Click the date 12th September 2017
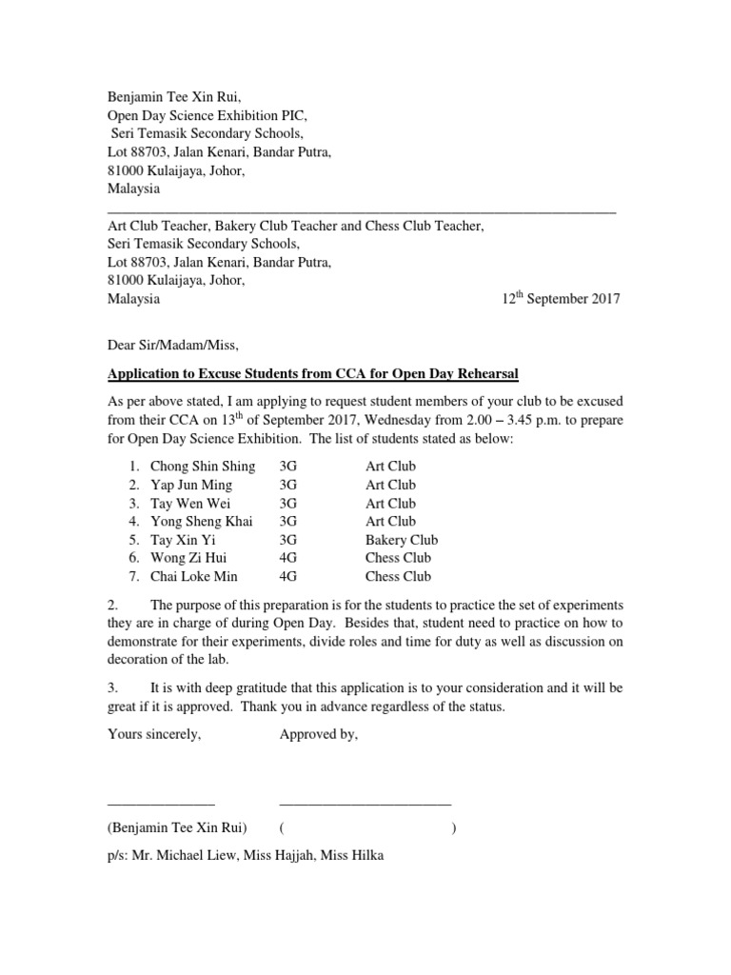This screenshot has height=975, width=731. [561, 299]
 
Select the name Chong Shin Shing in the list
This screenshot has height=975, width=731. [203, 467]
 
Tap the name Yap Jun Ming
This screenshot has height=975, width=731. [191, 485]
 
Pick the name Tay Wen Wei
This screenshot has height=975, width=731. [189, 503]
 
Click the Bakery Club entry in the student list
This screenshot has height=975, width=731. [401, 540]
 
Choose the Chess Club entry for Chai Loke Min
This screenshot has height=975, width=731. [398, 576]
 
